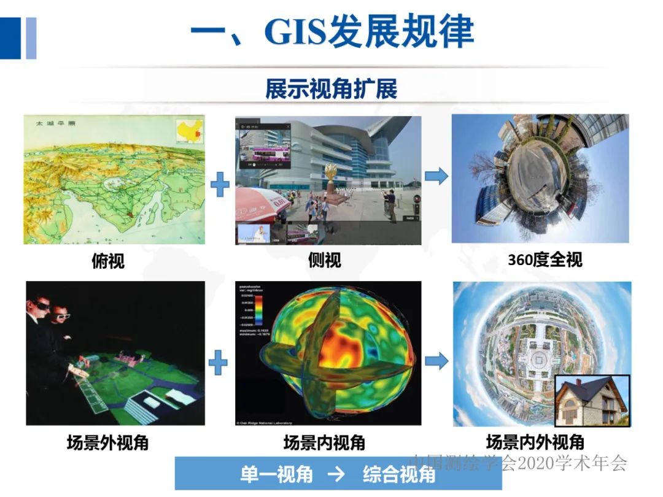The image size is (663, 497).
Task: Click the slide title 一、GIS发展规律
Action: pos(331,31)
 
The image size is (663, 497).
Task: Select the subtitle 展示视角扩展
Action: pos(331,89)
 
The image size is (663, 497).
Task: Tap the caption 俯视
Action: pos(107,261)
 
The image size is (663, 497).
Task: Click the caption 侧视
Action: pos(324,261)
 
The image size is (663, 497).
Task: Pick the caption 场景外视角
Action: pos(107,442)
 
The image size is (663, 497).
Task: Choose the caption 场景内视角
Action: pos(324,442)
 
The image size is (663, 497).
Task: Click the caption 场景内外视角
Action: pos(535,442)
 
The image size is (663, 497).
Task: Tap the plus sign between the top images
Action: pos(220,185)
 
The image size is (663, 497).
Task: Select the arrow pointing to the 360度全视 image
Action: pos(436,177)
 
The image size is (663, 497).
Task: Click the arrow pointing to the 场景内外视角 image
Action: pos(436,361)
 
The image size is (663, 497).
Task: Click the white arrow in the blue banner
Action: pos(336,474)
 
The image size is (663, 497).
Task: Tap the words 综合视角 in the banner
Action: pos(399,474)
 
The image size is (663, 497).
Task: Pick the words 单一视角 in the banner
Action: pos(276,474)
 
